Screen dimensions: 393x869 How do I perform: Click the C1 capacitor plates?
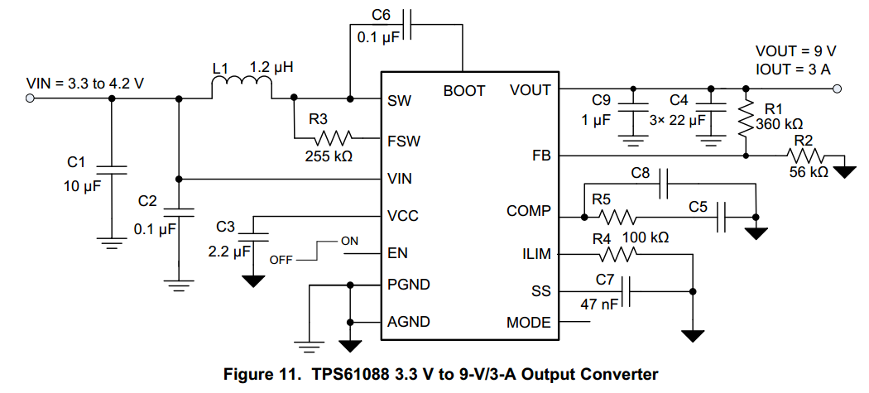112,170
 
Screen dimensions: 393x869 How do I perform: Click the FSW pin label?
404,141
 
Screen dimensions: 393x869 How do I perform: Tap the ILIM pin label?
534,254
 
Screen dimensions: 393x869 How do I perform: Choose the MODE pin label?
528,323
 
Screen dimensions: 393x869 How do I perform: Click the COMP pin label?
528,212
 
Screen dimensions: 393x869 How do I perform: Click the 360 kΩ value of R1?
780,124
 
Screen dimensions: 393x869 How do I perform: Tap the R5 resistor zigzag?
617,218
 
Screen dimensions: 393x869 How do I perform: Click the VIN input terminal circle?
31,98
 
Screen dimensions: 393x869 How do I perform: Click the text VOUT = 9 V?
795,50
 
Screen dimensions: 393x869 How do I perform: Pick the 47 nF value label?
599,305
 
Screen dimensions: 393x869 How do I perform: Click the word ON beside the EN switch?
349,241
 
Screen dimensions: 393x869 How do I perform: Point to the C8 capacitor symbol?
664,188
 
